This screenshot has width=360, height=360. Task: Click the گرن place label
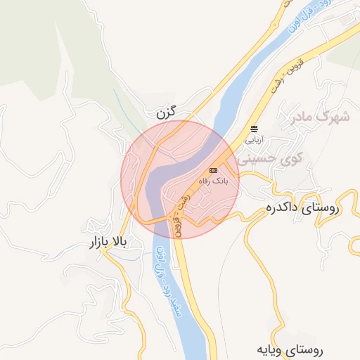pos(162,112)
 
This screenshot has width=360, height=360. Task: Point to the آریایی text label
pos(252,139)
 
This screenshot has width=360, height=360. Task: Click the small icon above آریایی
pos(253,128)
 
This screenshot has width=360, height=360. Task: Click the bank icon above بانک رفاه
pos(213,170)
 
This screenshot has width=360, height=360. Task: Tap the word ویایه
pos(271,349)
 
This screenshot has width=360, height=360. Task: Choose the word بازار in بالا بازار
pos(97,243)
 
